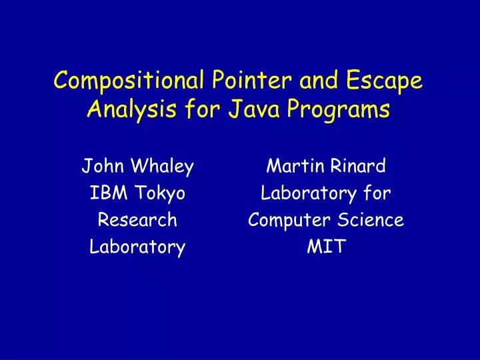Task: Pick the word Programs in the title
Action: click(352, 109)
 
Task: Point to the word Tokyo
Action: click(160, 194)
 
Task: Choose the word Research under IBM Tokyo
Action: click(137, 220)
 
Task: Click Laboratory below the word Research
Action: click(137, 247)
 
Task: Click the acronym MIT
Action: click(325, 247)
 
